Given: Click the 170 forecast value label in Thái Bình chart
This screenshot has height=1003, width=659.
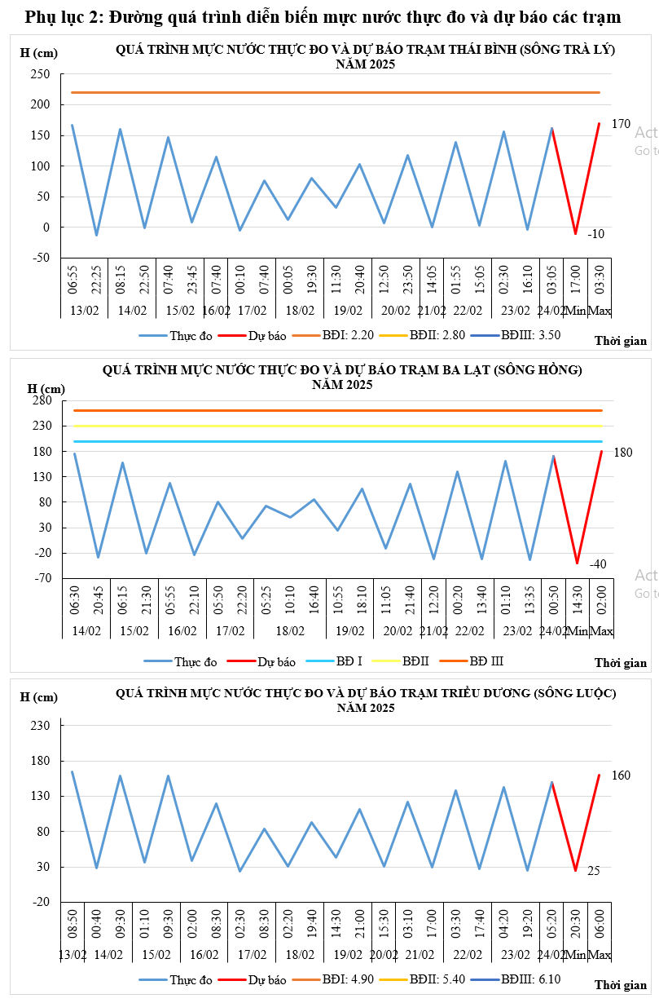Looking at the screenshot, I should (x=621, y=124).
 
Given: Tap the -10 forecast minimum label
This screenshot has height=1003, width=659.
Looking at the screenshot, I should (x=596, y=234).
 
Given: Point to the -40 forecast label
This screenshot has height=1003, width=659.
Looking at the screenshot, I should (x=597, y=564).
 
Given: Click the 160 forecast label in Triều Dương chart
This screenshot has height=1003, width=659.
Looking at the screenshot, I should (x=621, y=775).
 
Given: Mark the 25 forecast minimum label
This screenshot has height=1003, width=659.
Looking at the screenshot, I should (x=594, y=871).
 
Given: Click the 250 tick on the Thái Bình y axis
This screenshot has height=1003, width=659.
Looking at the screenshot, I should (x=41, y=74).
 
